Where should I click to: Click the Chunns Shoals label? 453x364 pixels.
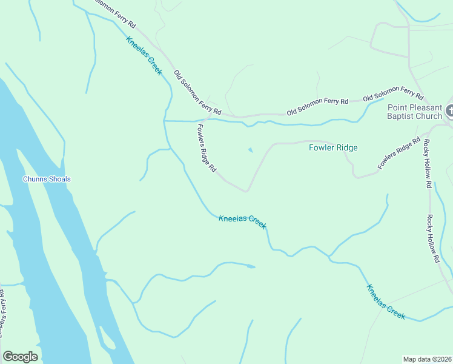(x=47, y=179)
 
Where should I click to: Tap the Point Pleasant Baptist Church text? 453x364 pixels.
(x=415, y=112)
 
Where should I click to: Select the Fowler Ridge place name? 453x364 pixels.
(x=333, y=147)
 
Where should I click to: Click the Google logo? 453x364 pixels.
(x=20, y=357)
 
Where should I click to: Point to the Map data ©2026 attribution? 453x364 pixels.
(x=427, y=359)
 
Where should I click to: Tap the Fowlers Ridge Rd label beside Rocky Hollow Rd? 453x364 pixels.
(x=398, y=154)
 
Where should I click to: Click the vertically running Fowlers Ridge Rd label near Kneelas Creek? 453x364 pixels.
(x=207, y=149)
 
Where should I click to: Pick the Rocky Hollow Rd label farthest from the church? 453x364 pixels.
(x=432, y=238)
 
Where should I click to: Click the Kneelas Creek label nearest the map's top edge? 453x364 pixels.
(x=144, y=56)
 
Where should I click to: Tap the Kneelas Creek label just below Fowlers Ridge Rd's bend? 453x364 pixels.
(x=242, y=221)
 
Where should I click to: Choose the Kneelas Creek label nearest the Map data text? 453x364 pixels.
(x=386, y=301)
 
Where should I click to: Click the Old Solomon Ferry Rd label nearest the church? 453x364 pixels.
(x=392, y=93)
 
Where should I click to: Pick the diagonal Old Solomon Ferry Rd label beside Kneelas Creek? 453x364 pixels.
(x=197, y=93)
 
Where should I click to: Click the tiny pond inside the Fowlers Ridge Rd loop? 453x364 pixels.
(x=251, y=150)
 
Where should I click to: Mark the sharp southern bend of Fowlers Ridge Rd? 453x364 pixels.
(x=246, y=191)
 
